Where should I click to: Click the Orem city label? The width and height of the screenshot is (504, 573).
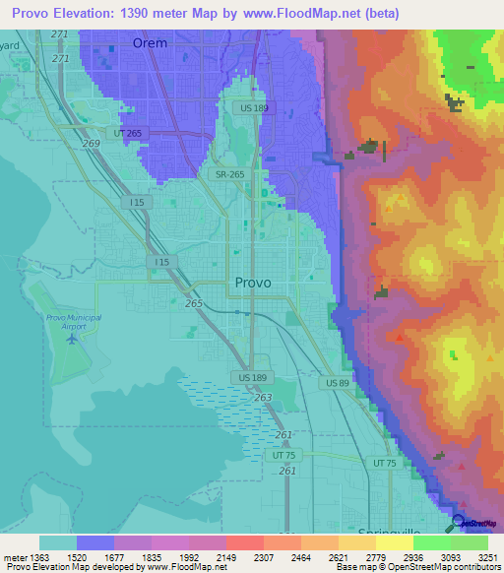[150, 43]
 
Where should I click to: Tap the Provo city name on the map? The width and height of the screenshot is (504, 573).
[253, 283]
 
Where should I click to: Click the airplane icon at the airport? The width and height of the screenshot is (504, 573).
[72, 340]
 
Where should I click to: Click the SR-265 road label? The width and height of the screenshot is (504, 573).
[230, 174]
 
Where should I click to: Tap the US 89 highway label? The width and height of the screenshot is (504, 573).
[338, 382]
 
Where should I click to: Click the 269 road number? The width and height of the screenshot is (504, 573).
[92, 144]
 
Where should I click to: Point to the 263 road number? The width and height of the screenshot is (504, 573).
[263, 398]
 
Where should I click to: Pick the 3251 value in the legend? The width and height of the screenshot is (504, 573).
[487, 557]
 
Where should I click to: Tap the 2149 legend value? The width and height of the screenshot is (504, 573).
[225, 557]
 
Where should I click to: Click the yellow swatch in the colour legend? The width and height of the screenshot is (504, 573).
[394, 542]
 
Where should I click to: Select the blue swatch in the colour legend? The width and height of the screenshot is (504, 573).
[94, 542]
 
